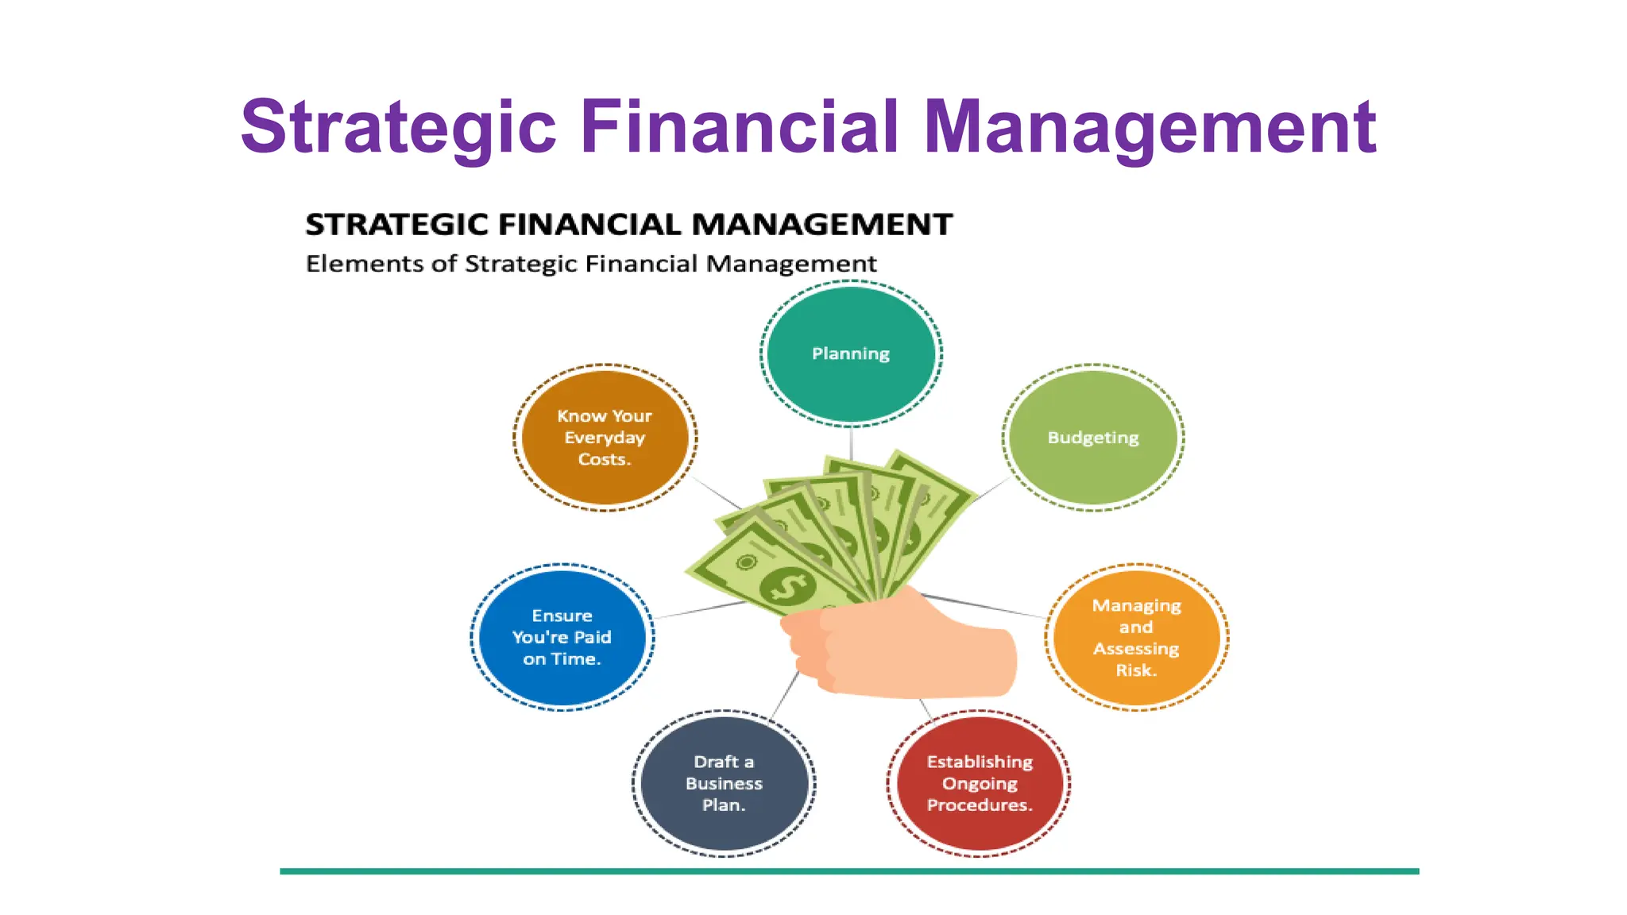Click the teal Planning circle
pos(851,353)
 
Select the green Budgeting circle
pos(1093,438)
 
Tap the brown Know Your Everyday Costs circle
pos(605,438)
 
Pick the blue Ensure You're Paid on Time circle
pos(562,637)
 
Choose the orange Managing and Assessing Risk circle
pos(1136,637)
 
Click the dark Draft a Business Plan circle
pos(724,783)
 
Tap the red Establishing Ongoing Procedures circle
pos(979,783)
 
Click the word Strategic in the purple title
pos(399,127)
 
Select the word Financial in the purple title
pos(739,127)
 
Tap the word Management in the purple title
pos(1150,127)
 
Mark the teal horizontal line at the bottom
pos(848,871)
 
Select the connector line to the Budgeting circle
pos(990,490)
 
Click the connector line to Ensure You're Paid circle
pos(699,610)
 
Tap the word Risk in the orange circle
pos(1136,670)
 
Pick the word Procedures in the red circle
pos(979,805)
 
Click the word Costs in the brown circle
pos(604,460)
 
